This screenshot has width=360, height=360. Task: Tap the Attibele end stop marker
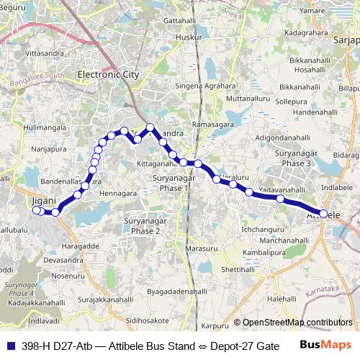click(x=324, y=214)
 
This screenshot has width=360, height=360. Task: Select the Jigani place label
click(x=44, y=202)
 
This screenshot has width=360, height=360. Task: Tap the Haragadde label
click(x=81, y=246)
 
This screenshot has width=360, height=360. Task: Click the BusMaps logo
click(x=328, y=346)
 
